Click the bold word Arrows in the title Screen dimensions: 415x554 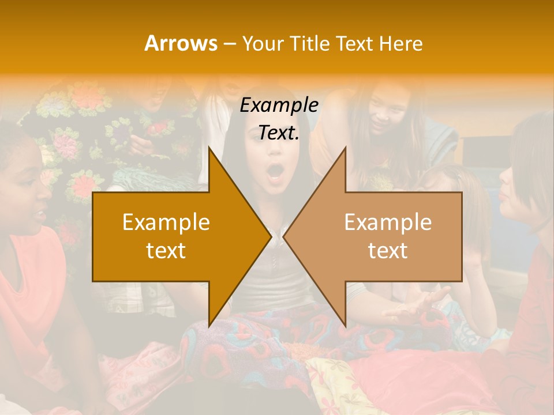tap(181, 43)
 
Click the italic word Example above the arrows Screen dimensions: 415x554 tap(279, 105)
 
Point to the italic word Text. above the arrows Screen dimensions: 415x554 tap(279, 133)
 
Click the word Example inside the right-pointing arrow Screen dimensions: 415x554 tap(166, 222)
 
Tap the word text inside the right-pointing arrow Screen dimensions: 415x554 tap(166, 251)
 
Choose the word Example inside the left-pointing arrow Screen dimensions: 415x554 tap(388, 222)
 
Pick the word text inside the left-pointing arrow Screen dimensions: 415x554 tap(388, 251)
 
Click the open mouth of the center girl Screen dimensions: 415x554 tap(276, 172)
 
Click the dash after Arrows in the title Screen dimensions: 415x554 tap(229, 44)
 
